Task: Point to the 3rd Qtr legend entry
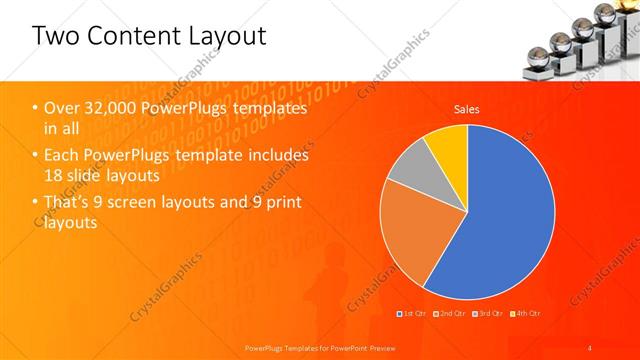[x=491, y=314]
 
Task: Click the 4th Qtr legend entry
[x=528, y=314]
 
